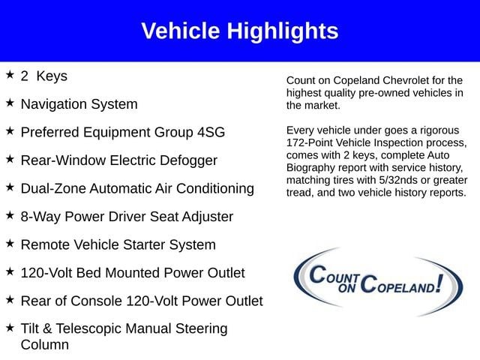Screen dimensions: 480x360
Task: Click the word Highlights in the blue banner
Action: (x=283, y=31)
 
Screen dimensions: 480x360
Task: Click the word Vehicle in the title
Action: (x=181, y=31)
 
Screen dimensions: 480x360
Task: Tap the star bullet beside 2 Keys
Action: (x=10, y=74)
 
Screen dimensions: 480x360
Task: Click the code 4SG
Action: (x=211, y=132)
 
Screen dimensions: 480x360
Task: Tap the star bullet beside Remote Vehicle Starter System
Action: (x=10, y=243)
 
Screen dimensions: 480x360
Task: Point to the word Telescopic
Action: (x=88, y=329)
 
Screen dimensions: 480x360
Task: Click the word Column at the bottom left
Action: (x=45, y=345)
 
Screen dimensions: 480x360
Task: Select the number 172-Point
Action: (x=309, y=143)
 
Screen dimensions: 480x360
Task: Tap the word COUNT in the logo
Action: (x=334, y=274)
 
